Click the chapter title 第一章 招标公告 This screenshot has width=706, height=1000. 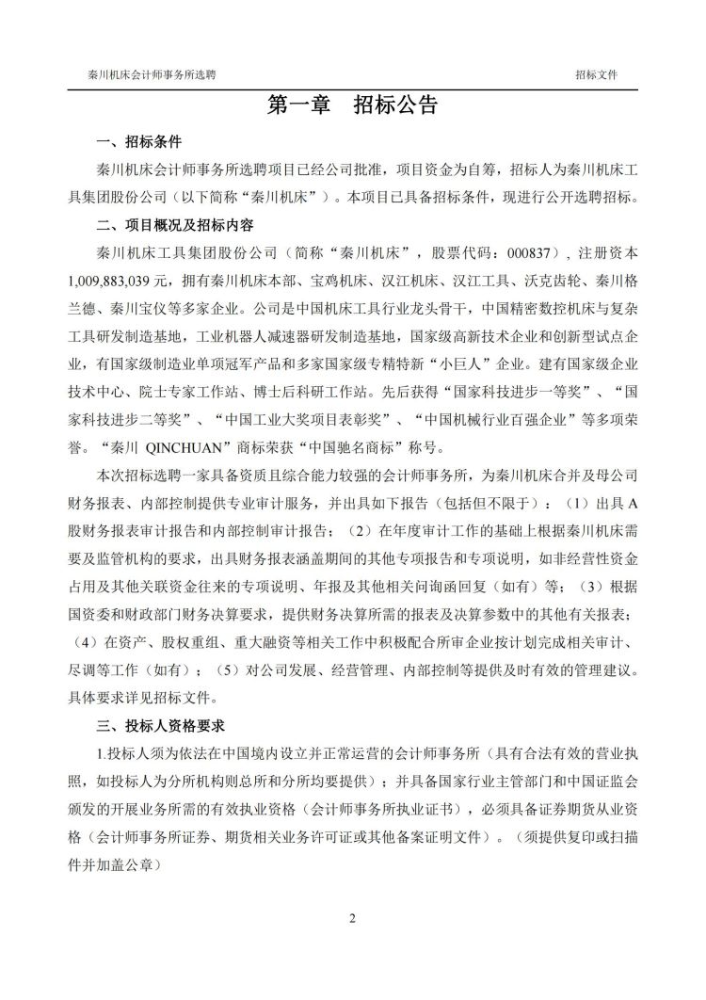point(352,105)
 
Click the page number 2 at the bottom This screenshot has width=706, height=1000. point(352,918)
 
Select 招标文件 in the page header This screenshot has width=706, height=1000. point(597,73)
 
